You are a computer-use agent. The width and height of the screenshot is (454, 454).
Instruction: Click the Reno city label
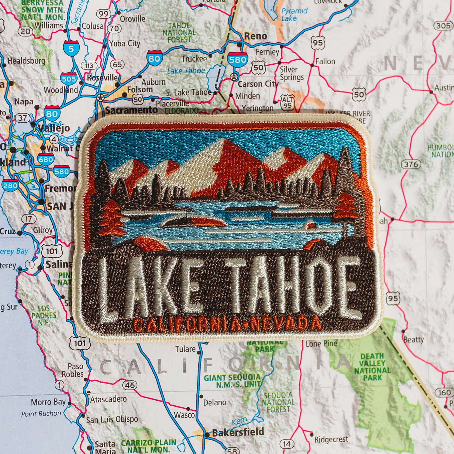(255, 36)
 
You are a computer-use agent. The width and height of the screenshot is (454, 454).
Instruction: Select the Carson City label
(258, 84)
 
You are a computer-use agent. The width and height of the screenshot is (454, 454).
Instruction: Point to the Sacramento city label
(131, 110)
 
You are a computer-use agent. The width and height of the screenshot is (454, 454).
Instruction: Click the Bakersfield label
(238, 432)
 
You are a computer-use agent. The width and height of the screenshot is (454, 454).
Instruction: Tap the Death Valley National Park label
(372, 366)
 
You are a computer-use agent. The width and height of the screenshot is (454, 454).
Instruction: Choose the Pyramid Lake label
(294, 15)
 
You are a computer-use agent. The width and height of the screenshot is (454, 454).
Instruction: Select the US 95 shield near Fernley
(317, 43)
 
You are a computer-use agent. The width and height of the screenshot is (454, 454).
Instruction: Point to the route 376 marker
(411, 164)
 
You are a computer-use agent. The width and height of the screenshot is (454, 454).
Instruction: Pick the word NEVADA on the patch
(285, 324)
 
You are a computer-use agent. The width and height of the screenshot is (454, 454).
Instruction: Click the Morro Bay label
(48, 402)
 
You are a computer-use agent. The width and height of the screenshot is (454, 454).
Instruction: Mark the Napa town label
(24, 102)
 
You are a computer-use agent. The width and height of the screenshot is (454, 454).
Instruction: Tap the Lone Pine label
(321, 344)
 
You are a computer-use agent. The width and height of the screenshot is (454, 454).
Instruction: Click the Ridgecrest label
(331, 439)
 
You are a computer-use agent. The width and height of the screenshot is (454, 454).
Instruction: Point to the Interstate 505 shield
(69, 78)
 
